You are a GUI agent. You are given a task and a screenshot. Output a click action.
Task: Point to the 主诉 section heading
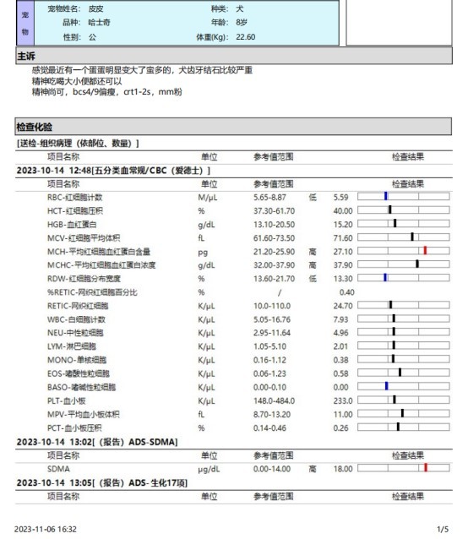25,56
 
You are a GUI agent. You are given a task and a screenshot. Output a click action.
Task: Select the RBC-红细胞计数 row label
76,196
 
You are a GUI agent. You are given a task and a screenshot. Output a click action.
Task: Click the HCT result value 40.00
342,210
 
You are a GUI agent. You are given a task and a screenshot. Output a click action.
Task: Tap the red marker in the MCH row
425,251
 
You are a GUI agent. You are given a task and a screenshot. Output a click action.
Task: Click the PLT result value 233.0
342,400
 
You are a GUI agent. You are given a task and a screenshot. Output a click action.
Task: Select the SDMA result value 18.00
342,467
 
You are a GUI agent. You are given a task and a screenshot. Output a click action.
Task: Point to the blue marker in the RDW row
385,278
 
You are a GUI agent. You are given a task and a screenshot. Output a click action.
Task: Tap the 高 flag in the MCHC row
313,264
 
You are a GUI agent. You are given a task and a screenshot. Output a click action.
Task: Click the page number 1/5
442,529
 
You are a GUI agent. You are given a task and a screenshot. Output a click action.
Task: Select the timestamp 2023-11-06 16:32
45,529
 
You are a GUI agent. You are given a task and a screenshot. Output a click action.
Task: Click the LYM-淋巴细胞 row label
73,346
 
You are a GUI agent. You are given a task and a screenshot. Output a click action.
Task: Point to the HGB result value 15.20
342,223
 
